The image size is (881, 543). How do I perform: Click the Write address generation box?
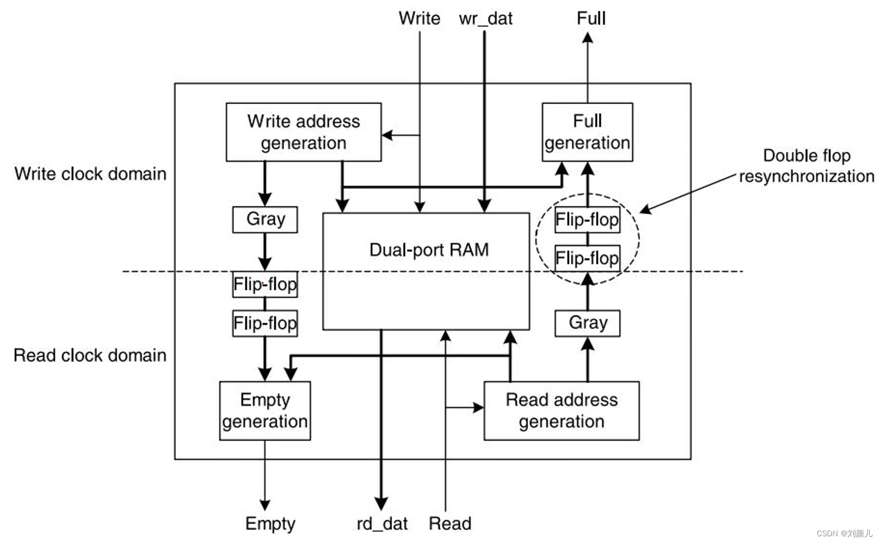pos(303,132)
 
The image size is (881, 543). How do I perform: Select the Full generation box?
pos(587,132)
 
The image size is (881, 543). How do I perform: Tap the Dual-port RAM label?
pos(428,249)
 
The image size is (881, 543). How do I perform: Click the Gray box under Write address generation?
pos(265,219)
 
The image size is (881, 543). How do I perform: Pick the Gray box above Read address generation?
pos(587,323)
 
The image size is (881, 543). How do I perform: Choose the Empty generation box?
pos(265,410)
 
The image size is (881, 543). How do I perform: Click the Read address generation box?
pos(561,410)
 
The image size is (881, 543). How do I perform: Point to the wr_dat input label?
pos(485,18)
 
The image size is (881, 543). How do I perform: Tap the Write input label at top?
pos(419,18)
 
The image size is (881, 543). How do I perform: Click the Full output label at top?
pos(590,18)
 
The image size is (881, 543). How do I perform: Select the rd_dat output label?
pos(382,524)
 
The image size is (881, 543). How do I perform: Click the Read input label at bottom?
pos(450,524)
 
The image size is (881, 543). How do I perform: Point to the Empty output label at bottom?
pos(270,524)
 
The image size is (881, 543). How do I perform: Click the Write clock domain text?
pos(91,174)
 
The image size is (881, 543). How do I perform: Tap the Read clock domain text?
pos(90,356)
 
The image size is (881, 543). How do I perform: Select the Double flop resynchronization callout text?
pos(806,166)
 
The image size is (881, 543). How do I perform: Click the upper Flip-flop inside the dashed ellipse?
pos(587,220)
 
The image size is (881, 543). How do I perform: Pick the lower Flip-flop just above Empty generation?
pos(265,323)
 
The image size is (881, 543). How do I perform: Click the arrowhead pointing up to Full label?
pos(587,38)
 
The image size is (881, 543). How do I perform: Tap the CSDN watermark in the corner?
pos(844,533)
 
